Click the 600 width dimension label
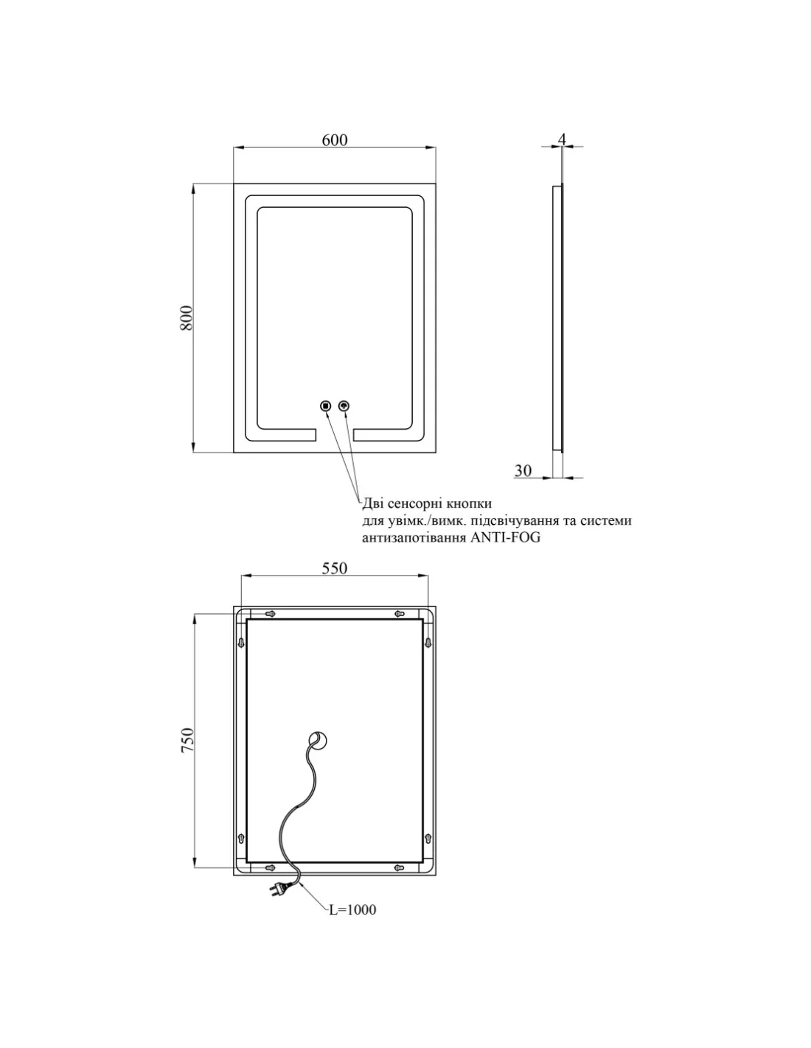(334, 140)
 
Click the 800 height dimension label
(187, 318)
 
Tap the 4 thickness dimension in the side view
(562, 139)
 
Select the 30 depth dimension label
(523, 470)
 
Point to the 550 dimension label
(334, 568)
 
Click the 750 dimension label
(187, 740)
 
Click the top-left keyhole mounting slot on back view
(270, 614)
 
